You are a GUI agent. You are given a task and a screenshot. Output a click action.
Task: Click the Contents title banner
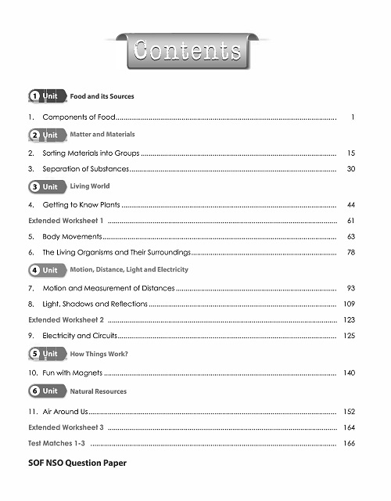pos(187,52)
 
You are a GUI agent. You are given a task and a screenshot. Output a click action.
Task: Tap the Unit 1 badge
pos(45,96)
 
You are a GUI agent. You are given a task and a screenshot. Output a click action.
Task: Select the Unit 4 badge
pos(45,270)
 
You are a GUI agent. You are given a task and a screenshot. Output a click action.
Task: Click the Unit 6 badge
pos(45,391)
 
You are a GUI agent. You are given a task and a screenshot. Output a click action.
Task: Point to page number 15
pos(351,153)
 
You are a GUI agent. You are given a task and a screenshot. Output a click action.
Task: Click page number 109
pos(350,303)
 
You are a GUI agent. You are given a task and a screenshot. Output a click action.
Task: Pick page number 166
pos(350,443)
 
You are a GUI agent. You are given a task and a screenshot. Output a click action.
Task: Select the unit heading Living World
pos(90,186)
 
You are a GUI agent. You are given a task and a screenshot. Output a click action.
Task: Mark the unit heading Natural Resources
pos(99,391)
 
